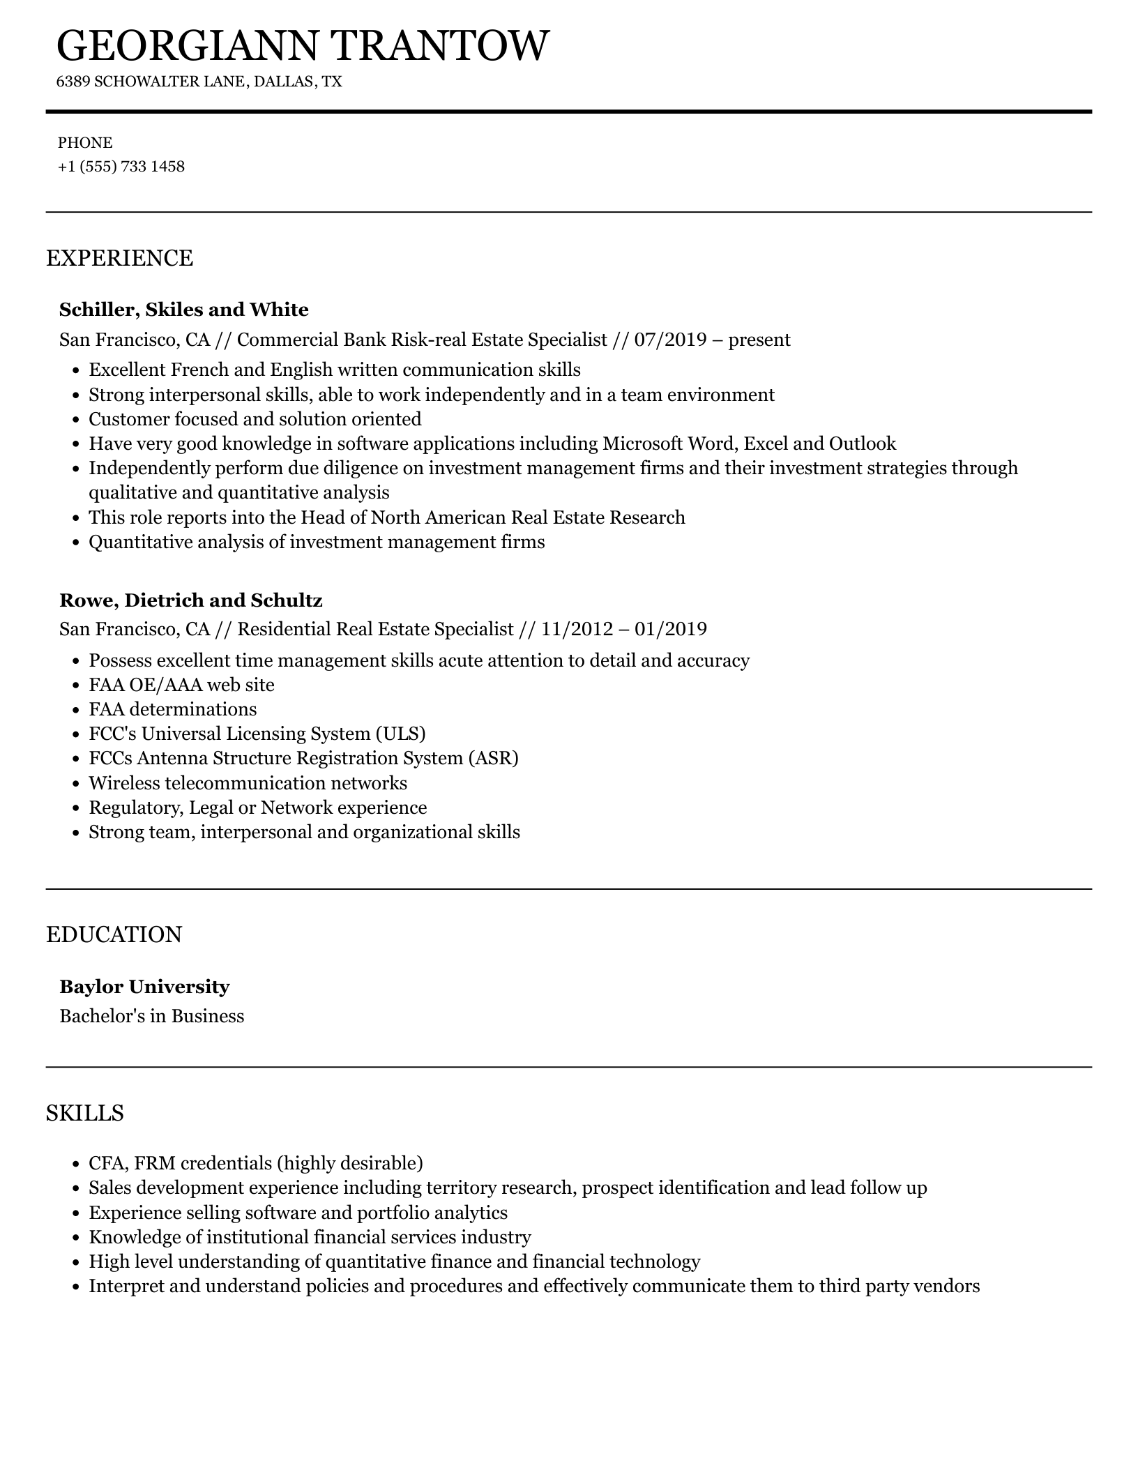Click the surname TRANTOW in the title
tap(439, 46)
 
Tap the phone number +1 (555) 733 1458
tap(121, 167)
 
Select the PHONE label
tap(85, 143)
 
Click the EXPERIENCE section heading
tap(119, 258)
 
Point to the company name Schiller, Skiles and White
tap(184, 310)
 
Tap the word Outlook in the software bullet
tap(862, 444)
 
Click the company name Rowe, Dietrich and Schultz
tap(191, 600)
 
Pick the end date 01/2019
tap(671, 630)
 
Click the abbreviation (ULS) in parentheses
tap(400, 734)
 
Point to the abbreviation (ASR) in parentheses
tap(494, 758)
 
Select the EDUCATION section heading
tap(114, 934)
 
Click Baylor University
tap(144, 987)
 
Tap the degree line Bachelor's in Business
tap(152, 1016)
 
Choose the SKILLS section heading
tap(85, 1113)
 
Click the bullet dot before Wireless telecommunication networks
tap(77, 784)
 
